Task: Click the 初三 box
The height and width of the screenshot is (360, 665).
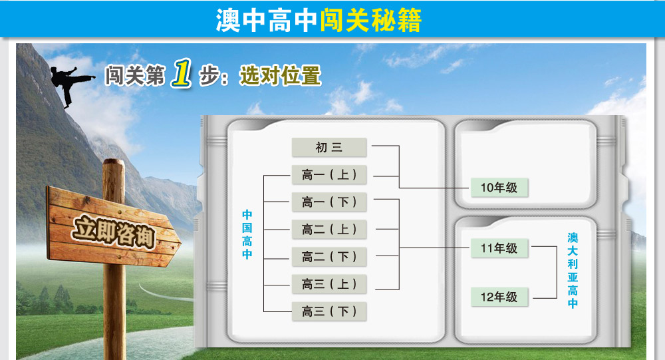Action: coord(329,147)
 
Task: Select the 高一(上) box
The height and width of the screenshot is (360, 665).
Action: coord(329,174)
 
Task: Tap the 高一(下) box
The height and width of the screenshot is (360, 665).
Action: coord(329,202)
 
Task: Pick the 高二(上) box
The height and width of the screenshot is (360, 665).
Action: coord(329,230)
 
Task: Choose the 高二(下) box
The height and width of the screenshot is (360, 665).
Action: coord(329,256)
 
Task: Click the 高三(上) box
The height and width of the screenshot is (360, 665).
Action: coord(329,284)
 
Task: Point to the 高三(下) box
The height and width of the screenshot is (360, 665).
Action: coord(329,311)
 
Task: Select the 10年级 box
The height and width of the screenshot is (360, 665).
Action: coord(499,187)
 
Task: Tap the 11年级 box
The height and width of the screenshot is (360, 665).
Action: coord(499,248)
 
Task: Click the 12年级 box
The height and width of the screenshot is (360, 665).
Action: coord(499,297)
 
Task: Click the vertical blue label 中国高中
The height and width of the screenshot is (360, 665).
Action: coord(247,234)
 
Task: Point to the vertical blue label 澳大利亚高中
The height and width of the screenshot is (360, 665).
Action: coord(573,270)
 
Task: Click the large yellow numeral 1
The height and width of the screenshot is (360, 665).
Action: coord(182,73)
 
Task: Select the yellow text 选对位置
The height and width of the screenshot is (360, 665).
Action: coord(281,76)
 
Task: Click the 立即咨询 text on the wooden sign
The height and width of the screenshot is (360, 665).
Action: coord(114,232)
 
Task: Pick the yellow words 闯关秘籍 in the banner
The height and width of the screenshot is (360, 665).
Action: coord(370,20)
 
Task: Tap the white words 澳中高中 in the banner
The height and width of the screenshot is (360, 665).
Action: coord(267,20)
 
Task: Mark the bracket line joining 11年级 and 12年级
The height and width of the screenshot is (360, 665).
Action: coord(557,272)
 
